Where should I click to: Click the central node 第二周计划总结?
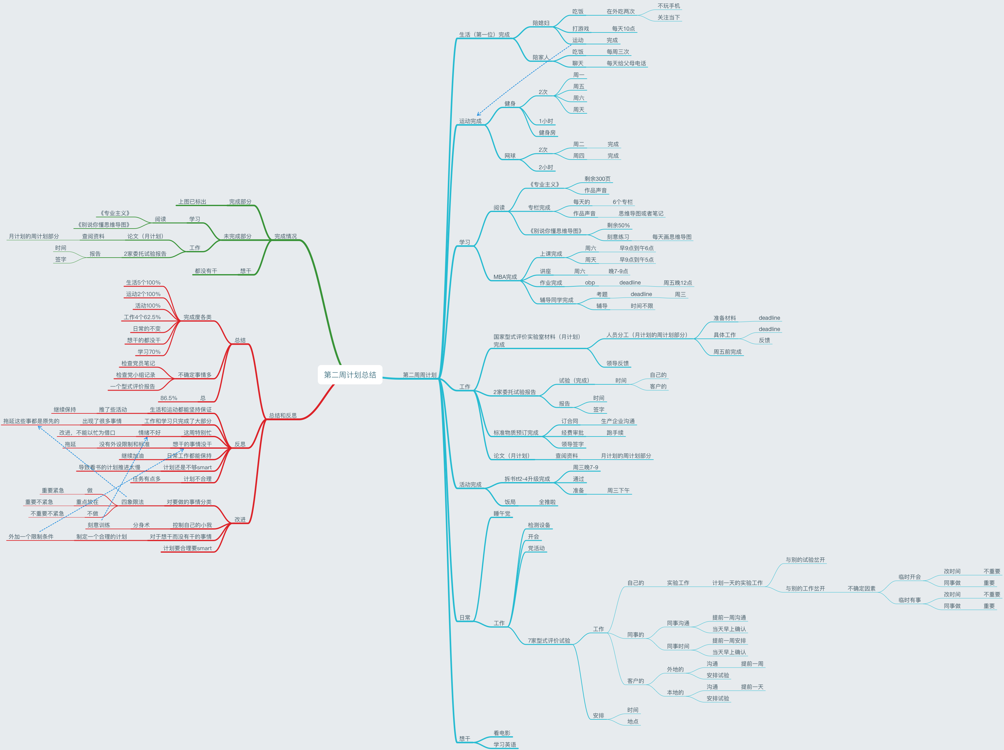350,375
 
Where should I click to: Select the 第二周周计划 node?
419,375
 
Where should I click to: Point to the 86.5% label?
168,398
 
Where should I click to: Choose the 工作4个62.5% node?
142,317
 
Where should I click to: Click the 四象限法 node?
132,502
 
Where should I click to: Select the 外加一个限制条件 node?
31,536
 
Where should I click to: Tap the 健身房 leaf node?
547,132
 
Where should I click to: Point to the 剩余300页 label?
597,179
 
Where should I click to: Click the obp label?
590,283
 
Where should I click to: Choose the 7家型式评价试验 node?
549,641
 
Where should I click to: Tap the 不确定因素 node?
862,589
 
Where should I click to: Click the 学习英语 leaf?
504,745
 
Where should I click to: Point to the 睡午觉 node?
502,513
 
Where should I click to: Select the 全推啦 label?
547,502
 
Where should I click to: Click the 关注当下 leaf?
669,17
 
